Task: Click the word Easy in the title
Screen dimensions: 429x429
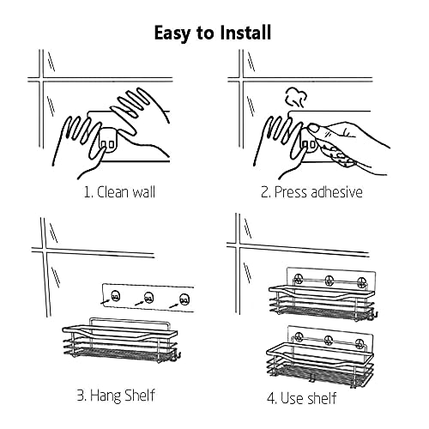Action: [x=172, y=33]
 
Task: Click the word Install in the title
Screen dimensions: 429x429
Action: [x=245, y=32]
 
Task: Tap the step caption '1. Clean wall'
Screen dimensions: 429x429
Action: [x=119, y=192]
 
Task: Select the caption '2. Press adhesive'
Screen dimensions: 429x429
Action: [x=311, y=192]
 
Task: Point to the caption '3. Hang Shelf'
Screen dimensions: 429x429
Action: [x=116, y=396]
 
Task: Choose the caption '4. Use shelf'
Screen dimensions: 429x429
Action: [x=302, y=398]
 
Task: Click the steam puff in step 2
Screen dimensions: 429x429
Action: [x=295, y=98]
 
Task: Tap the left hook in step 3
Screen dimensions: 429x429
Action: [x=115, y=295]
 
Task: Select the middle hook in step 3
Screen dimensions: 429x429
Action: [x=148, y=298]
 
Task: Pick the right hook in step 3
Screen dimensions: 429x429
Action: [x=184, y=299]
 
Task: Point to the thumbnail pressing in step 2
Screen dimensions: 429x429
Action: [x=315, y=128]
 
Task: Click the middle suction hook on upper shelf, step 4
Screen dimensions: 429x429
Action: [x=329, y=281]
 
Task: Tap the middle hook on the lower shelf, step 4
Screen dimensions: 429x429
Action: [x=329, y=340]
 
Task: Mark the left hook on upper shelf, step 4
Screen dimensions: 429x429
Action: [x=299, y=278]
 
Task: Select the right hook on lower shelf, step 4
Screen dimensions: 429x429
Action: [x=360, y=342]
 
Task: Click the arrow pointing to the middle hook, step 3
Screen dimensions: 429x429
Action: [x=139, y=303]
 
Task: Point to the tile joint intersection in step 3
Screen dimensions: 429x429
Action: [x=45, y=250]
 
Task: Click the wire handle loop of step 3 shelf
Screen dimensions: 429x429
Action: [x=129, y=317]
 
